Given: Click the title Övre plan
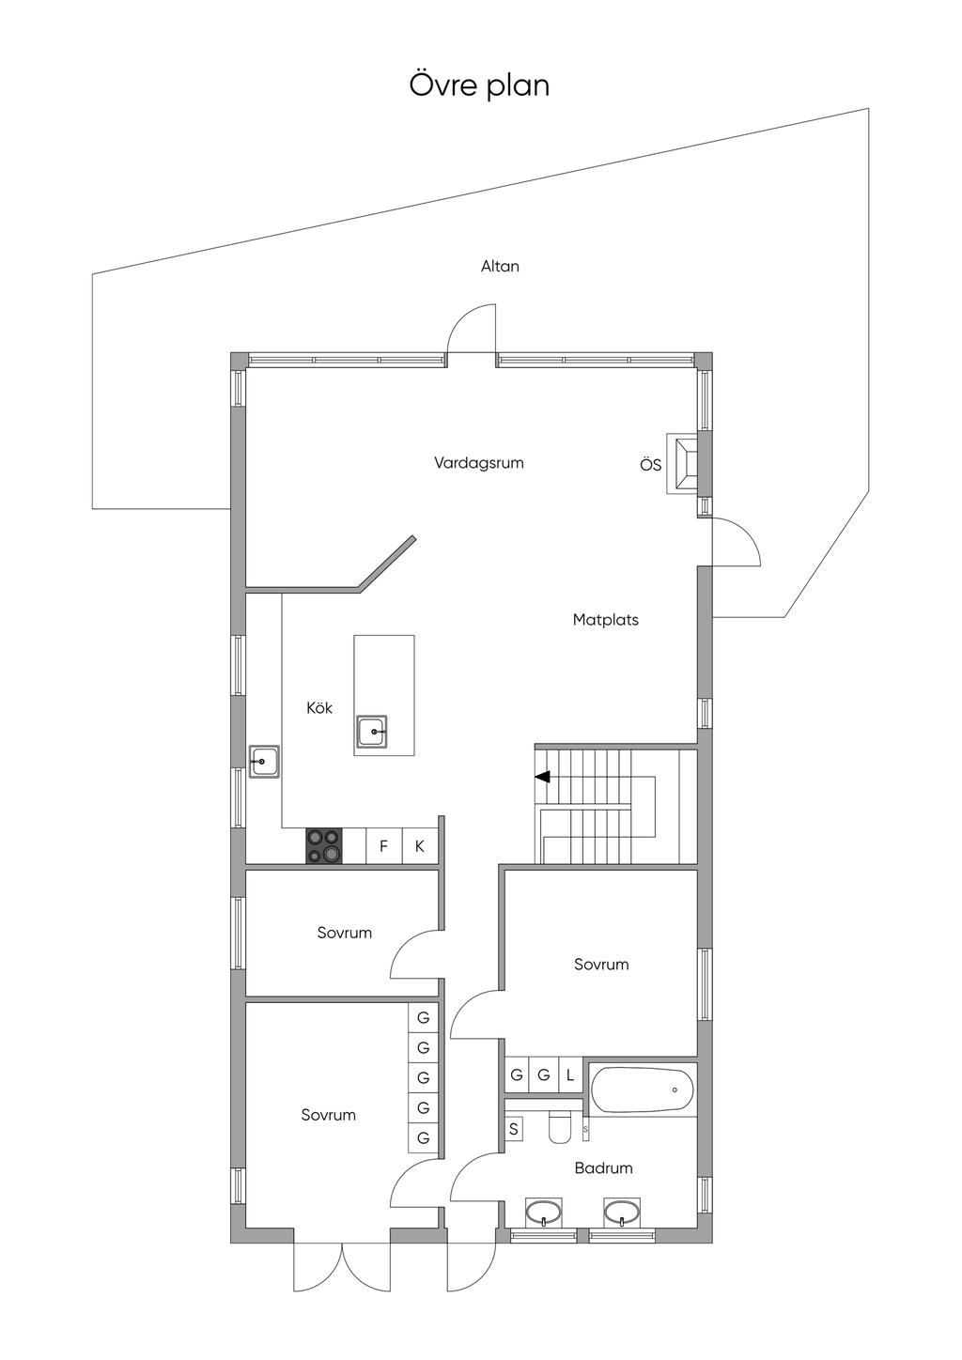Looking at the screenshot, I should point(479,85).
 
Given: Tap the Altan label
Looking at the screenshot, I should point(500,267).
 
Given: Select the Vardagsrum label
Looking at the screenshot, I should point(478,463).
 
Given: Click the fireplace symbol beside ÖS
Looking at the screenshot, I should point(683,463).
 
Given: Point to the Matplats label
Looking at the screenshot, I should point(606,620).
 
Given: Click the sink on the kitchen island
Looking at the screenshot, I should point(373,731).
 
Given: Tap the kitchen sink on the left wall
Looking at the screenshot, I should point(264,760).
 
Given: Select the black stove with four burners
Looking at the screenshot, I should point(323,845).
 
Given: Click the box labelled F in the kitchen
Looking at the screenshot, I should point(383,846).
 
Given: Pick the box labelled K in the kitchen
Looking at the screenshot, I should point(420,846).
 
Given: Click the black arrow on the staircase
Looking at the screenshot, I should point(542,777).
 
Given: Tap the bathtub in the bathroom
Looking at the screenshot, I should point(643,1090).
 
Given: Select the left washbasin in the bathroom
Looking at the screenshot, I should point(543,1213).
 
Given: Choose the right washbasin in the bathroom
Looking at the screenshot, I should point(621,1213).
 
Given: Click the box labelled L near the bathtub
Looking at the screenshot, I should point(569,1075).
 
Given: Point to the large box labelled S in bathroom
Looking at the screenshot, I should point(514,1129).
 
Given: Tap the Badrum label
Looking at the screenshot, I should point(603,1168).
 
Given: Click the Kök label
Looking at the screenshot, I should point(319,708).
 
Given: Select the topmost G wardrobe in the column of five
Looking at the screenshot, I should point(423,1018).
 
